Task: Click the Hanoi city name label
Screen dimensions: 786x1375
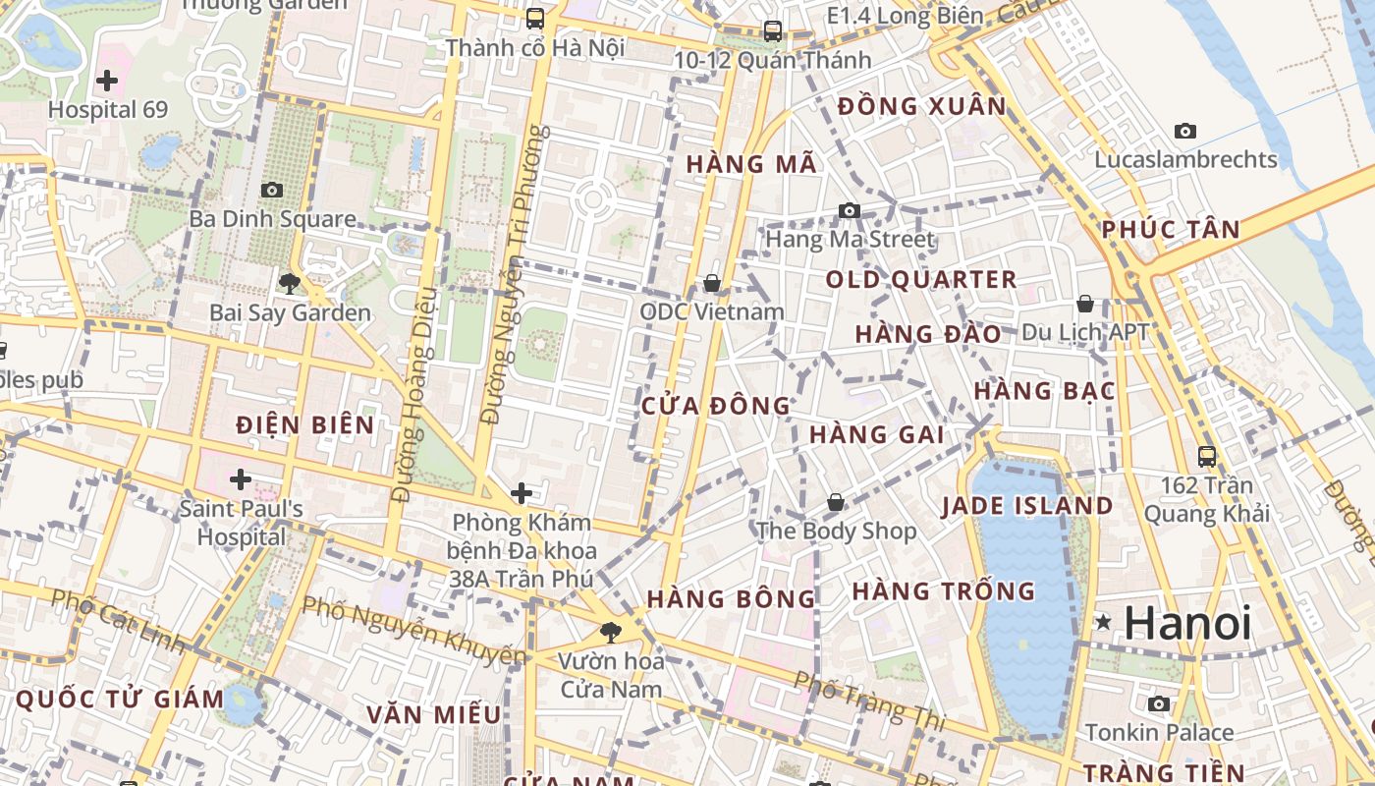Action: pyautogui.click(x=1187, y=623)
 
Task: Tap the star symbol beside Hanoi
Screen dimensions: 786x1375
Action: pyautogui.click(x=1104, y=622)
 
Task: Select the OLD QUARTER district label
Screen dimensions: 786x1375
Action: pyautogui.click(x=921, y=280)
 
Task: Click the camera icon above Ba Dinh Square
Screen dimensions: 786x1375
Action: pyautogui.click(x=272, y=190)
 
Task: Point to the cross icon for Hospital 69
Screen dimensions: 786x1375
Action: pyautogui.click(x=107, y=81)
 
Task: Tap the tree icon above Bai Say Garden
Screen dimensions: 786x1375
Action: pyautogui.click(x=289, y=284)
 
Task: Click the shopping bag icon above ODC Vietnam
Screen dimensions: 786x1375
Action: pyautogui.click(x=712, y=283)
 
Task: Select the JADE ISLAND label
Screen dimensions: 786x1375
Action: pyautogui.click(x=1027, y=507)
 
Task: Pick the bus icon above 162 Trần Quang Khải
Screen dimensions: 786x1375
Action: pyautogui.click(x=1207, y=456)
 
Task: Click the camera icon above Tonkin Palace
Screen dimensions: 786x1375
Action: pyautogui.click(x=1159, y=703)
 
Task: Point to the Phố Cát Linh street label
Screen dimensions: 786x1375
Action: pyautogui.click(x=117, y=621)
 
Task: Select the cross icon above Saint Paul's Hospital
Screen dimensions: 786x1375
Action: pyautogui.click(x=241, y=479)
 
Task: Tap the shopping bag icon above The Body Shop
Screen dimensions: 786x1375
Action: pyautogui.click(x=836, y=502)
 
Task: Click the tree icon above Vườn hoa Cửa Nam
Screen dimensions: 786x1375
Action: pyautogui.click(x=611, y=632)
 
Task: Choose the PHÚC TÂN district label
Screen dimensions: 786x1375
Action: pyautogui.click(x=1171, y=230)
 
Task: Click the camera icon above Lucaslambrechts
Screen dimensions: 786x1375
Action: pyautogui.click(x=1185, y=131)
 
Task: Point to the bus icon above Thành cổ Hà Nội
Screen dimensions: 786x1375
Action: pyautogui.click(x=535, y=18)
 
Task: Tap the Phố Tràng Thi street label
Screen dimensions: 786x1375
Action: pyautogui.click(x=868, y=701)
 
